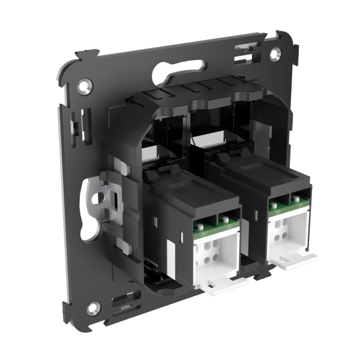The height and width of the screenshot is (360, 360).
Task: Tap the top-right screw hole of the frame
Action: pyautogui.click(x=274, y=53)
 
